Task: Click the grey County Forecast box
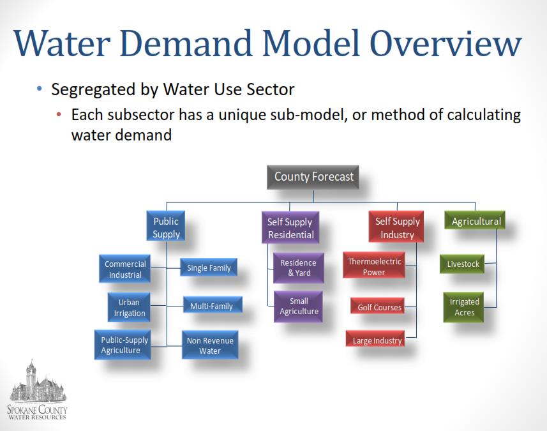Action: (313, 178)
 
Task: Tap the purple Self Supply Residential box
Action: (290, 227)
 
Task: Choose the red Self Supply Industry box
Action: (396, 227)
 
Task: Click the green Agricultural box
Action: (475, 220)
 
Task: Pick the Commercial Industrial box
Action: (125, 269)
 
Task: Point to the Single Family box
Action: (209, 268)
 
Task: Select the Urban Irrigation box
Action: (129, 307)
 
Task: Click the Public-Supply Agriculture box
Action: (123, 345)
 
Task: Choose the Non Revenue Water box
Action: (210, 345)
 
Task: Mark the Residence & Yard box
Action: (299, 268)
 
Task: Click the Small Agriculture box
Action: (298, 306)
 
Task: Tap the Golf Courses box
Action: (377, 306)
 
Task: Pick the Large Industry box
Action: (375, 338)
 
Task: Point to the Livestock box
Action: (462, 264)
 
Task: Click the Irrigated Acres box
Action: (463, 307)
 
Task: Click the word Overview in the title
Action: (446, 43)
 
